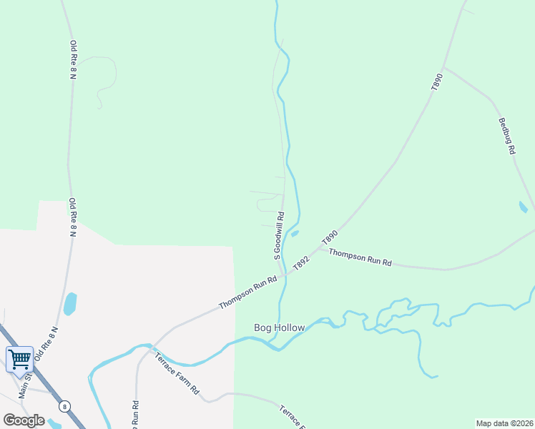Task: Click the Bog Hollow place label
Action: pos(280,328)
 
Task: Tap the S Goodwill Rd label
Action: pos(280,235)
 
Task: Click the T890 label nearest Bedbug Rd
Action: pos(438,81)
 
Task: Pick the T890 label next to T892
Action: pos(330,237)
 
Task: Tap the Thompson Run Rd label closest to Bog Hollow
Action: pos(247,293)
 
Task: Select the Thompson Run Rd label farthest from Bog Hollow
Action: pos(360,258)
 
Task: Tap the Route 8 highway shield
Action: pos(64,406)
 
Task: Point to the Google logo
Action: pos(24,420)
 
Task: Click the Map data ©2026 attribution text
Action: pos(504,423)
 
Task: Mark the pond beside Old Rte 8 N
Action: pos(70,304)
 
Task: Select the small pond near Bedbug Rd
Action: pos(523,207)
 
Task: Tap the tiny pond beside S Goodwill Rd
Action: pos(295,233)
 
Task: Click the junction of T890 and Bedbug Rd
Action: pos(443,69)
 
